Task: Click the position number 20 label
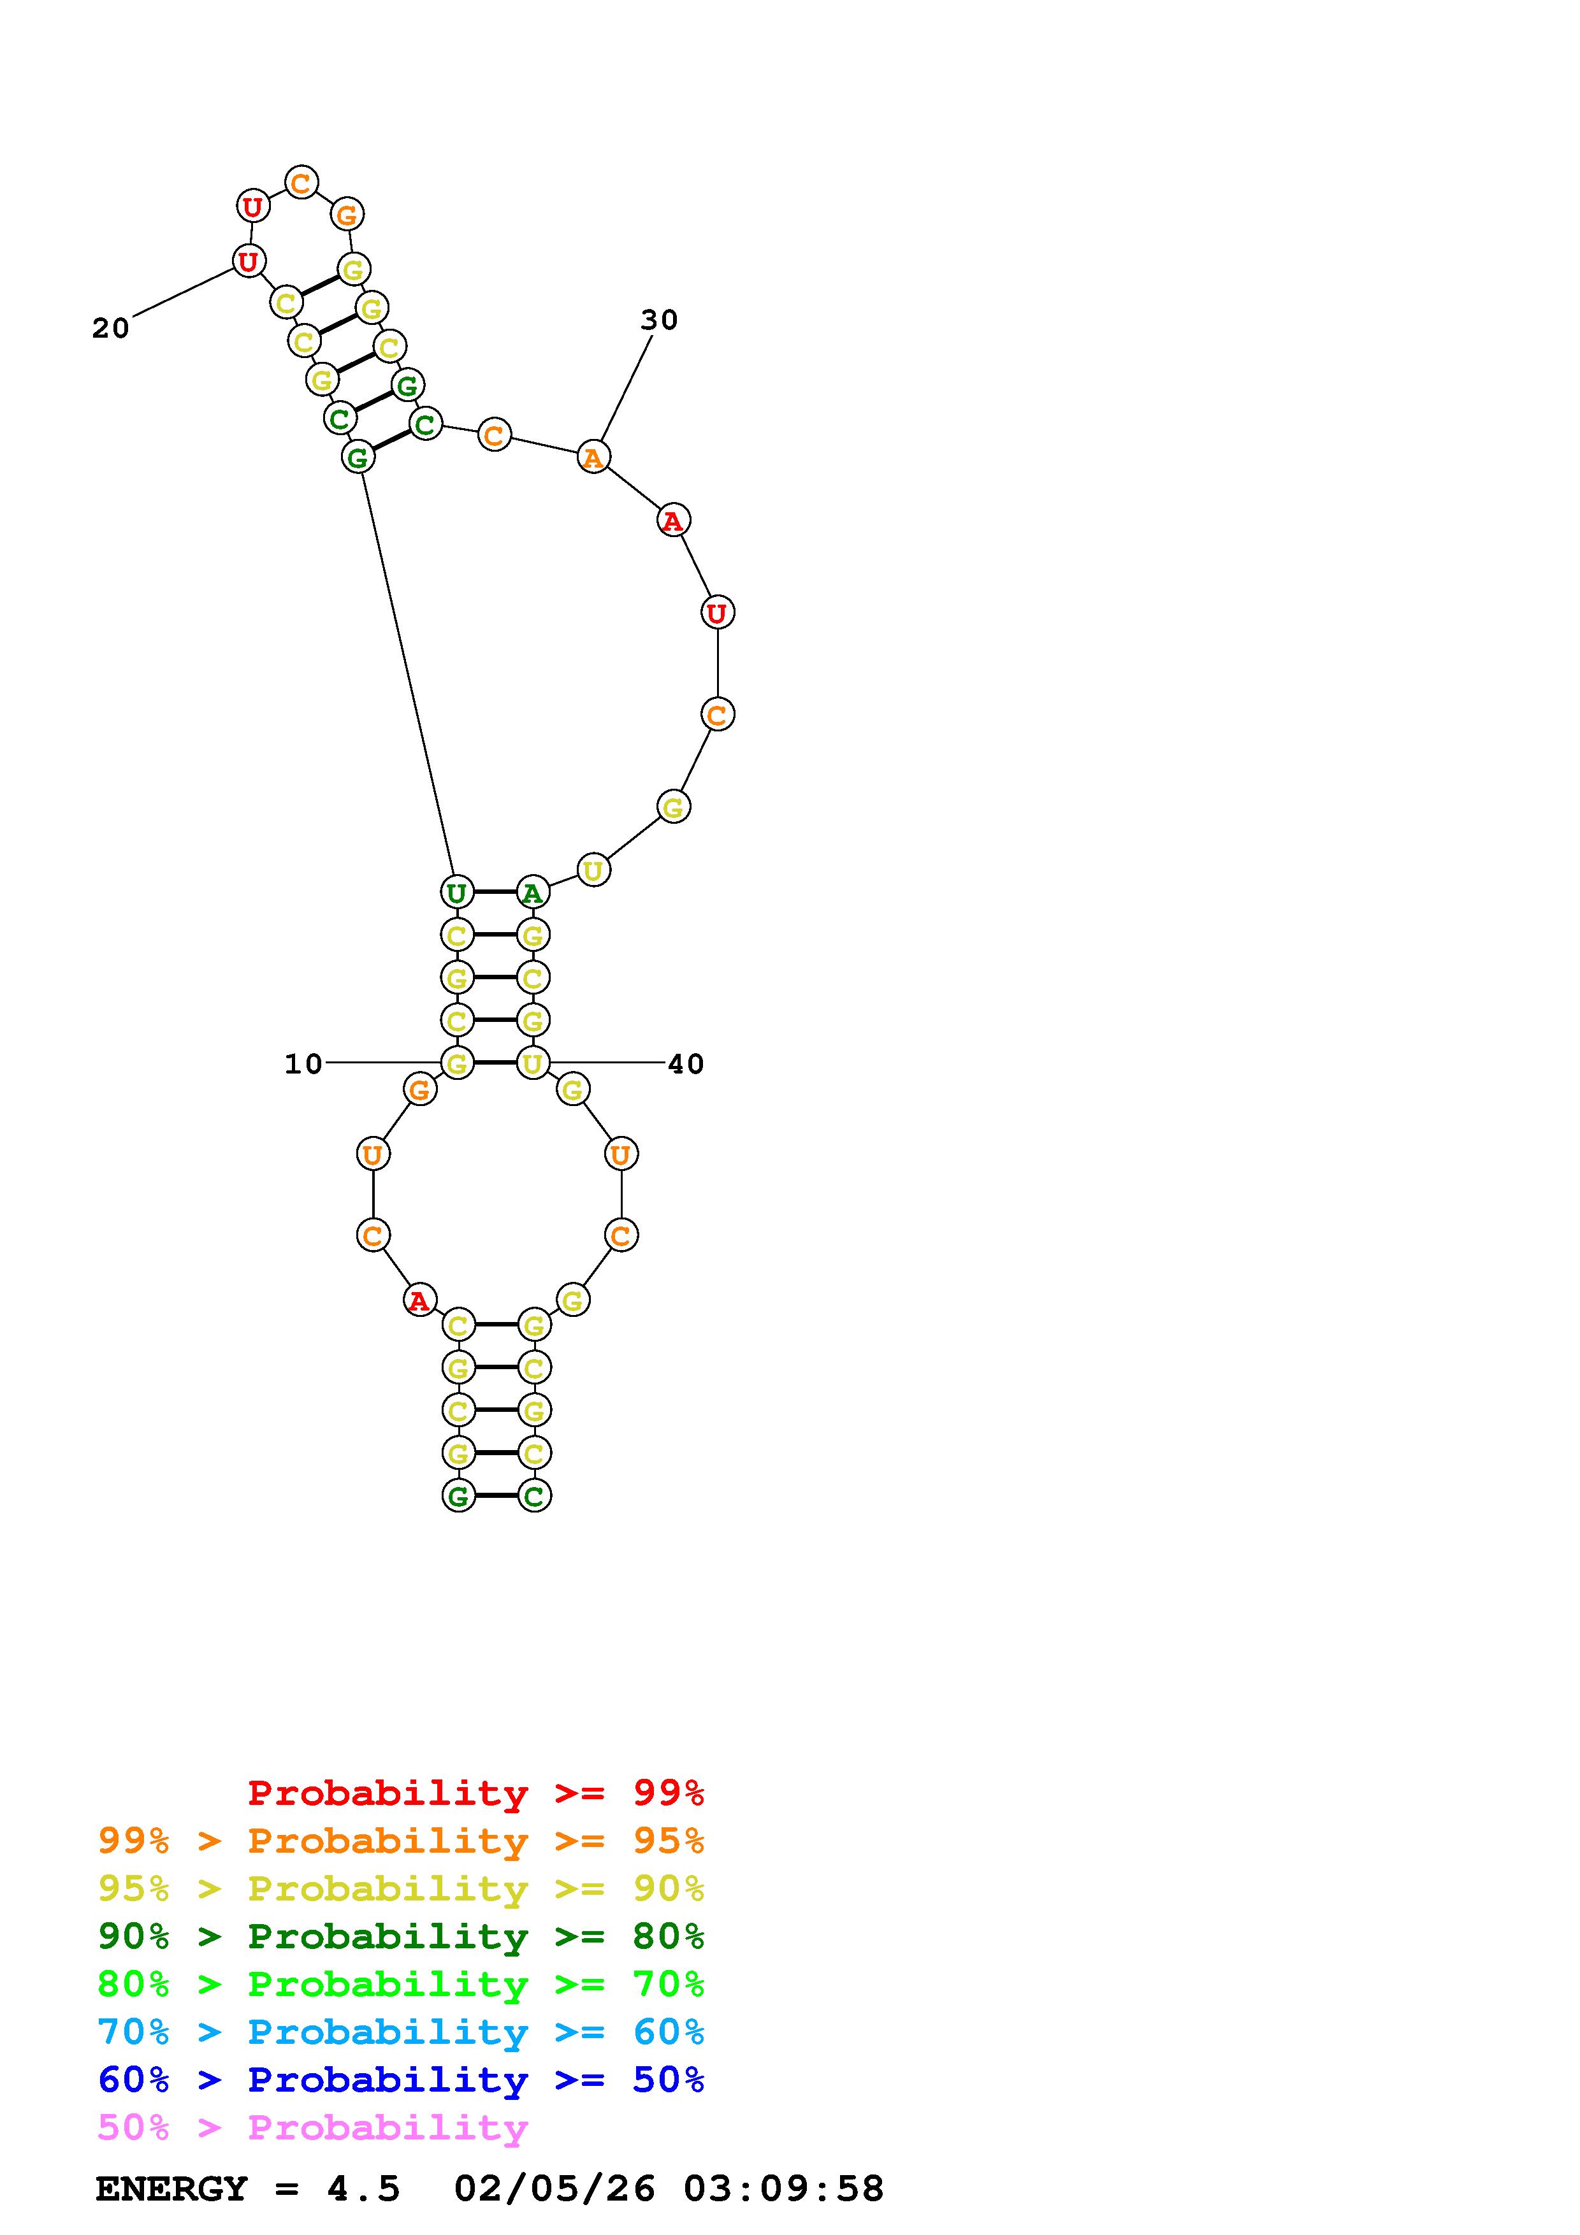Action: [x=111, y=328]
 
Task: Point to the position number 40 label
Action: [x=685, y=1064]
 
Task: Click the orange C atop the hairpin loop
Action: [x=301, y=182]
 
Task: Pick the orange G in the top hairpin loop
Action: [x=347, y=214]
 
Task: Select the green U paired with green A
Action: [x=456, y=892]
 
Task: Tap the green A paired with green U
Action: [x=532, y=892]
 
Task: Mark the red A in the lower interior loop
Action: [x=419, y=1300]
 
